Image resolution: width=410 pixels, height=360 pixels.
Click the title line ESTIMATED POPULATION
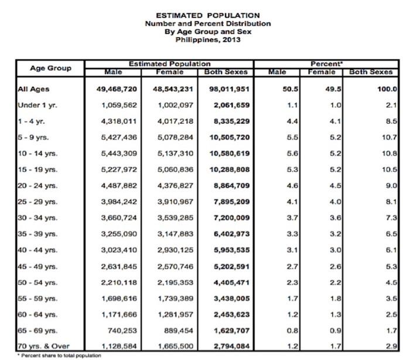coord(200,15)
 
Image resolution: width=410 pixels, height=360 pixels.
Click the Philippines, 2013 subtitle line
coord(200,40)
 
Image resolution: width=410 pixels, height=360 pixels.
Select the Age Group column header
coord(50,68)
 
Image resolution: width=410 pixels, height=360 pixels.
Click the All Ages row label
coord(33,89)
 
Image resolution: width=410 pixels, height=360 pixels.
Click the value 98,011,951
coord(226,89)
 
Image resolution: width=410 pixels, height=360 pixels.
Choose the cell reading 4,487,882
coord(119,185)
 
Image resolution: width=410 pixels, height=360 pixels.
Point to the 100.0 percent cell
coord(387,89)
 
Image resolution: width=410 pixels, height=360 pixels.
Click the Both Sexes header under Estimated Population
coord(226,72)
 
